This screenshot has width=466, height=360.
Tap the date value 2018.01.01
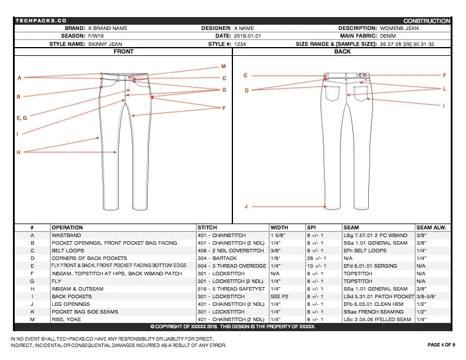point(232,36)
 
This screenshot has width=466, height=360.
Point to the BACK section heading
point(342,51)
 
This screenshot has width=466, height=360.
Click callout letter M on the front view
point(224,66)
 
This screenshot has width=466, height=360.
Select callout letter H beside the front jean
point(19,152)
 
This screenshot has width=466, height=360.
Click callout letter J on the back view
point(246,207)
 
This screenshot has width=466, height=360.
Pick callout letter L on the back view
point(445,88)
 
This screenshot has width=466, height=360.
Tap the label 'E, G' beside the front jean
point(21,118)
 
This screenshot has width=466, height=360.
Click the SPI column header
point(311,228)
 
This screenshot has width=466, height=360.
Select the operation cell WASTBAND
point(66,235)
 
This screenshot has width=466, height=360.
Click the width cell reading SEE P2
point(278,296)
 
